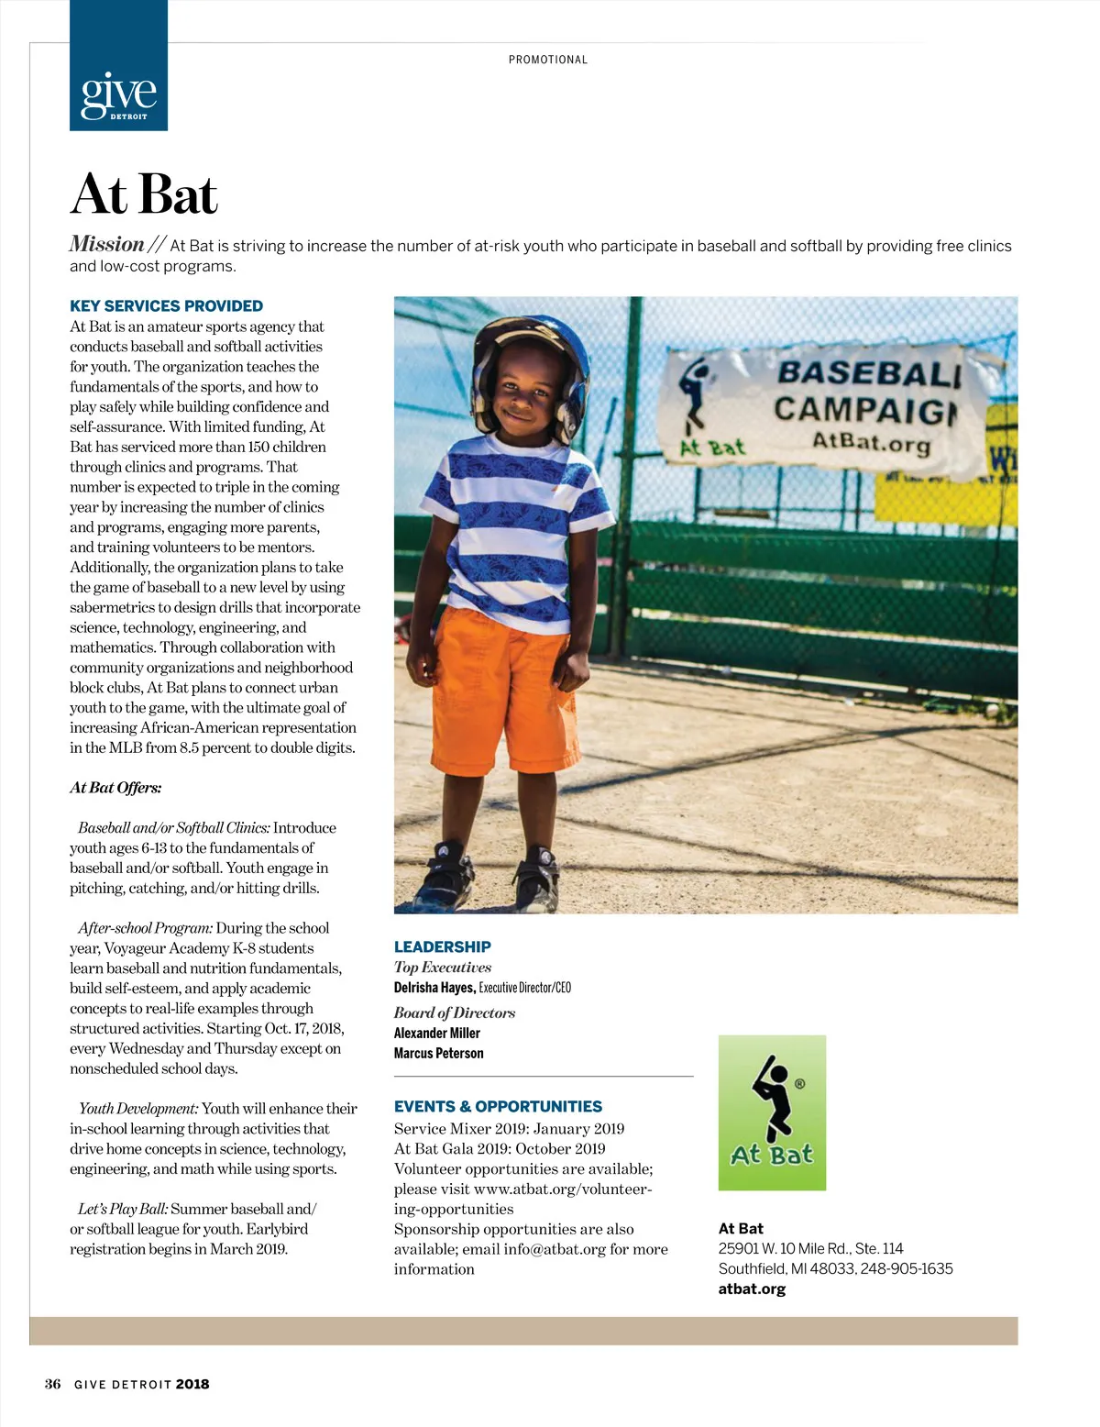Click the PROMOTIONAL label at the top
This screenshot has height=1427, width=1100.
548,60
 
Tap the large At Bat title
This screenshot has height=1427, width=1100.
144,194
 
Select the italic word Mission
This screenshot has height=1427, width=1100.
107,244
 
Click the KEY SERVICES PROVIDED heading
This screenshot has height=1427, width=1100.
166,305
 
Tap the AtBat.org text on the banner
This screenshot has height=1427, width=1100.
871,441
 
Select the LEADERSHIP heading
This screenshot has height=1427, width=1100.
442,946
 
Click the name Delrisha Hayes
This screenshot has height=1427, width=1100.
434,988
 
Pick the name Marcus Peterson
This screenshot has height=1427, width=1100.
438,1053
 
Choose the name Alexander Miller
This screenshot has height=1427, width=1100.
436,1033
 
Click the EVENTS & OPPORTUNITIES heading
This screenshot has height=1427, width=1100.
498,1106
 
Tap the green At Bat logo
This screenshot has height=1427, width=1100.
772,1112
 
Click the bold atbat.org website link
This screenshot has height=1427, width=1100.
752,1289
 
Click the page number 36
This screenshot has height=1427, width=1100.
53,1384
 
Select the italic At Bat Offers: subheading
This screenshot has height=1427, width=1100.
115,787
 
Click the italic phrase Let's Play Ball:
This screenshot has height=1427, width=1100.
123,1209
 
